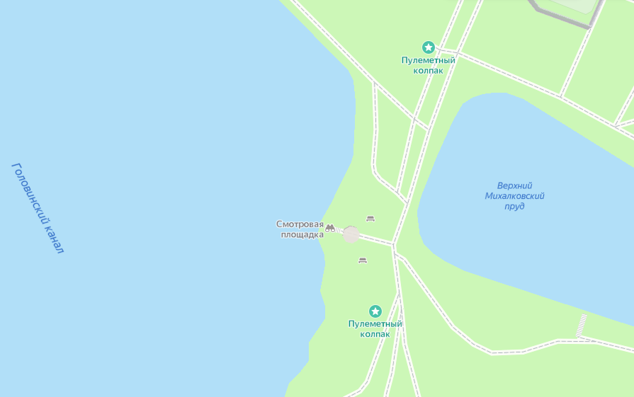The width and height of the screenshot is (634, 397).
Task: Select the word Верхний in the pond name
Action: tap(514, 185)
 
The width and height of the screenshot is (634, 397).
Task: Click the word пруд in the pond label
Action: tap(514, 207)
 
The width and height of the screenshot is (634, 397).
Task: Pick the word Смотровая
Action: tap(299, 224)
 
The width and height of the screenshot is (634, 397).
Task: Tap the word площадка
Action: tap(302, 234)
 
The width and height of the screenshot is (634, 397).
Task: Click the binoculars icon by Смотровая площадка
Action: tap(330, 227)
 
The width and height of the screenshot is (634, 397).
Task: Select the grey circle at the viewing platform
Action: tap(351, 234)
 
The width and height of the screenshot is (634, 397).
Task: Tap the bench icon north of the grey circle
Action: tap(370, 219)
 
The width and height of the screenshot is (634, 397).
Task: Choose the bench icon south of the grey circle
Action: tap(363, 260)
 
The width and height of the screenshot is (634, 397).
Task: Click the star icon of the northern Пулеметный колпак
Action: tap(428, 47)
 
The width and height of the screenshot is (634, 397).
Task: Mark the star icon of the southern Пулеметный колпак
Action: tap(375, 311)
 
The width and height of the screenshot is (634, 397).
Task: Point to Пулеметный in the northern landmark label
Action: tap(428, 60)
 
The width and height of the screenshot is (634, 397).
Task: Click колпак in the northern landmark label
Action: tap(428, 70)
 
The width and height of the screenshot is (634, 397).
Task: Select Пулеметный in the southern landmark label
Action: tap(375, 324)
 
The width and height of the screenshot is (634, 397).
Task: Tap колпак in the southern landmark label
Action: tap(375, 334)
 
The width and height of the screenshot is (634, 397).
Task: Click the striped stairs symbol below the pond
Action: tap(582, 325)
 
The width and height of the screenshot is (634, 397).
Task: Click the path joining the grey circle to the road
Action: tap(375, 239)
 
